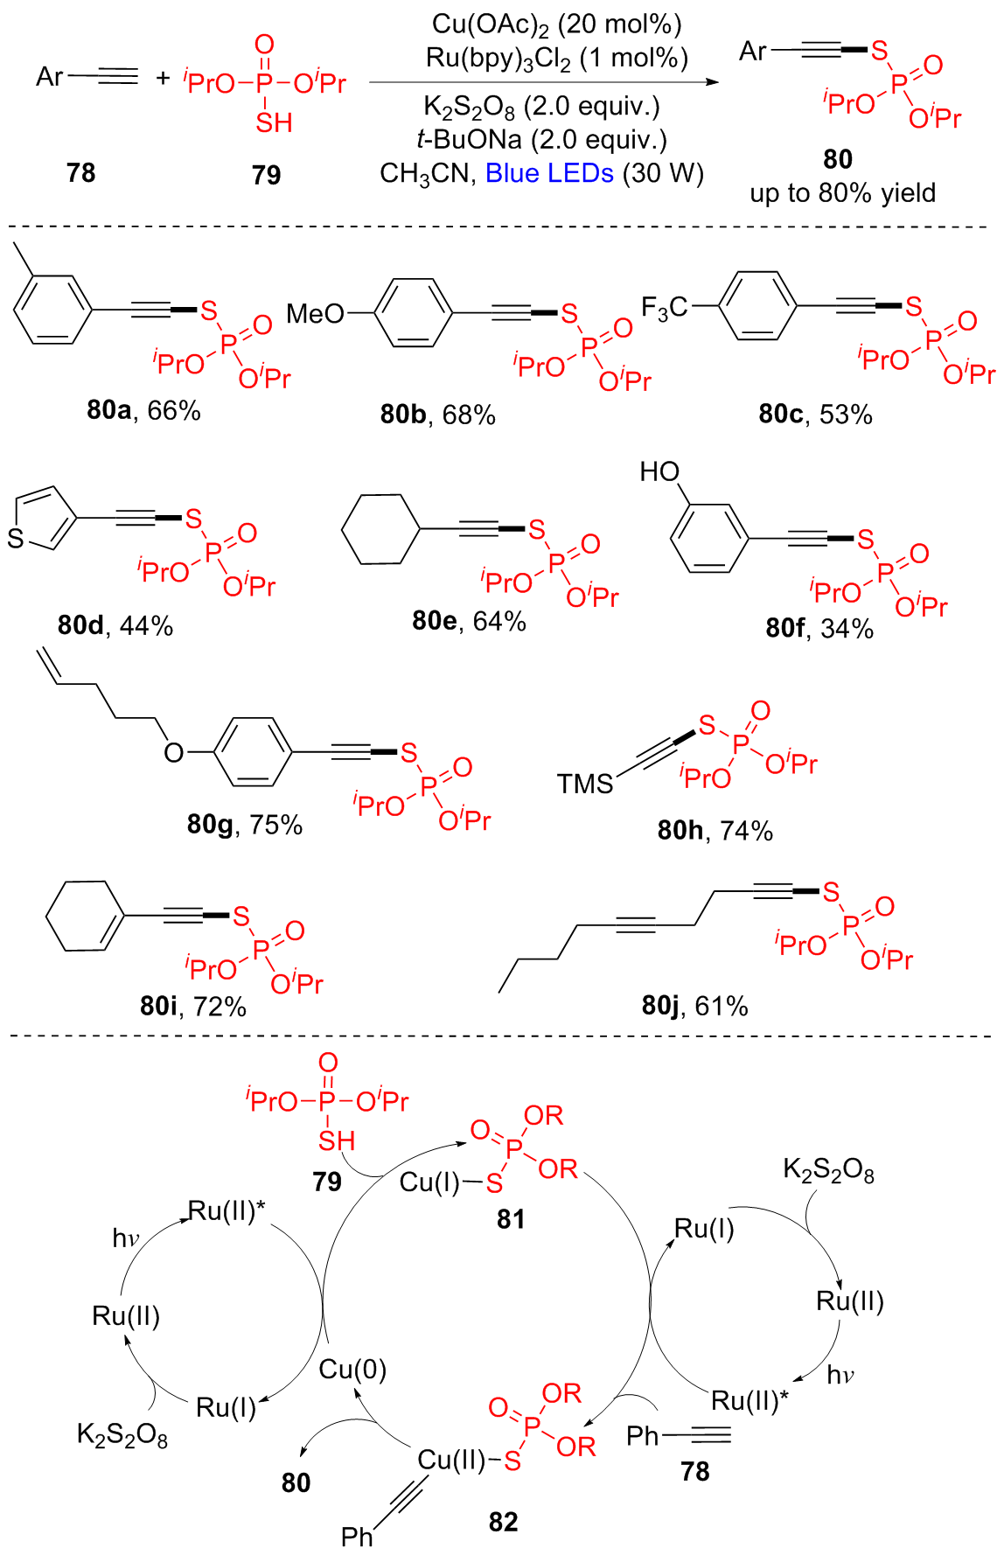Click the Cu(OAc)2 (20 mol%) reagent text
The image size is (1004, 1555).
pyautogui.click(x=556, y=24)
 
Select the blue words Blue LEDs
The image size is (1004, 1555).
pyautogui.click(x=549, y=173)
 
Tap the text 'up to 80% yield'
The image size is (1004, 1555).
pyautogui.click(x=842, y=192)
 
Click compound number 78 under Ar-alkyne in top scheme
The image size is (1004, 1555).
pyautogui.click(x=80, y=172)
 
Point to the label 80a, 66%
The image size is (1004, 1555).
pyautogui.click(x=143, y=409)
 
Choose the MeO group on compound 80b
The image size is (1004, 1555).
pyautogui.click(x=315, y=313)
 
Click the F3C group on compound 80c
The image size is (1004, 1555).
pyautogui.click(x=664, y=307)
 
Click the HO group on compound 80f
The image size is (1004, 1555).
pyautogui.click(x=659, y=472)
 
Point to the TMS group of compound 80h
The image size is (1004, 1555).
pyautogui.click(x=585, y=784)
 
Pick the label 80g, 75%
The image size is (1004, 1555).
pyautogui.click(x=244, y=824)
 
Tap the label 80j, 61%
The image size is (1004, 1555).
pyautogui.click(x=694, y=1006)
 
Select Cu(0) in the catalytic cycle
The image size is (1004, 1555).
pyautogui.click(x=352, y=1369)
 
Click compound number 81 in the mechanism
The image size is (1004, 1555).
pyautogui.click(x=511, y=1218)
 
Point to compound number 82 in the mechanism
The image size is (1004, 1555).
pyautogui.click(x=504, y=1522)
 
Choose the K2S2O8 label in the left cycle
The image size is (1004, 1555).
pyautogui.click(x=122, y=1435)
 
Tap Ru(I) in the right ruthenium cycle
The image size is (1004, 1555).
pyautogui.click(x=704, y=1229)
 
